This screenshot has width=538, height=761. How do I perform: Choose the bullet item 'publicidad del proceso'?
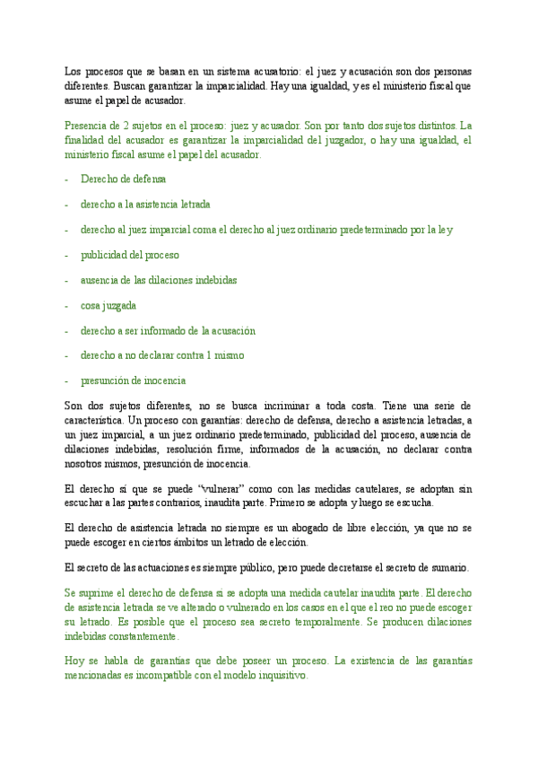pyautogui.click(x=130, y=255)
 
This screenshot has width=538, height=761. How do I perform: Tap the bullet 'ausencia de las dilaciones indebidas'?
pyautogui.click(x=159, y=280)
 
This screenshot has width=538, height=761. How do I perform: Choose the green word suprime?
pyautogui.click(x=97, y=593)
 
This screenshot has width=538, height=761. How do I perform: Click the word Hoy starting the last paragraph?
pyautogui.click(x=75, y=661)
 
